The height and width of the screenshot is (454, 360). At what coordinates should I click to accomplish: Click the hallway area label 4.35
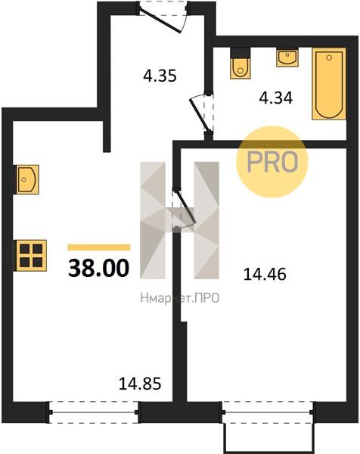(160, 76)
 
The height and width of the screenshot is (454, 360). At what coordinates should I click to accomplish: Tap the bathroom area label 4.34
(276, 98)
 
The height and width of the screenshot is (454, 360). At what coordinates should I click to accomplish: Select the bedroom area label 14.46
(265, 274)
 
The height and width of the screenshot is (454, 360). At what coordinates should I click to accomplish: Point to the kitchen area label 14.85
(140, 384)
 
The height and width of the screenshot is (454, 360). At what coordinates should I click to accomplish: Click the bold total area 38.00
(98, 268)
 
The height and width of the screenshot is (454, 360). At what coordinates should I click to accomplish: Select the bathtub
(329, 84)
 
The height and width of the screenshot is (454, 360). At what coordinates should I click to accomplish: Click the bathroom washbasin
(287, 58)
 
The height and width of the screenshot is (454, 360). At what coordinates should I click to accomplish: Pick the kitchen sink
(26, 179)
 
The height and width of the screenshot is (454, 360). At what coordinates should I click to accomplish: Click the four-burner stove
(31, 256)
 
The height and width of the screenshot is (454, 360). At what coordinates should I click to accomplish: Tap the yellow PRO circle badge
(272, 162)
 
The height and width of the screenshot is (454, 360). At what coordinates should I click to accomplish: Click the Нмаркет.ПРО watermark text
(180, 298)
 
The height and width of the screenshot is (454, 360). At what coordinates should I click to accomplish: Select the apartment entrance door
(163, 17)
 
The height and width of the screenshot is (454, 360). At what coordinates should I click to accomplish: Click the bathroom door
(203, 113)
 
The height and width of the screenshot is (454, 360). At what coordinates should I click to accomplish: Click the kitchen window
(94, 412)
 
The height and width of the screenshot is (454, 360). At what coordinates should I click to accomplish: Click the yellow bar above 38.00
(98, 247)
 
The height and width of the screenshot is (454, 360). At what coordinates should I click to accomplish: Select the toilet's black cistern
(241, 52)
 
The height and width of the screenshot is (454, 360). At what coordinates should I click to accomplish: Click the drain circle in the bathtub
(329, 58)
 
